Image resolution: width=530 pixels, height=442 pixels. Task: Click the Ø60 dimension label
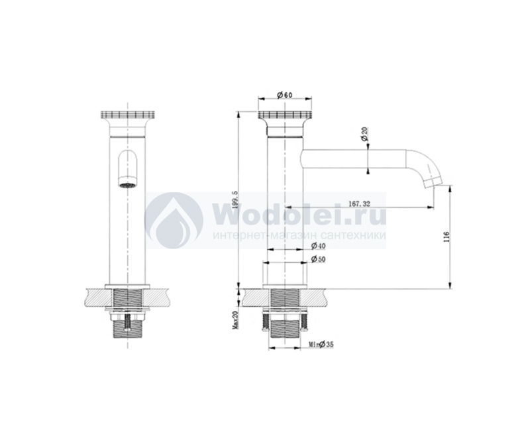click(x=284, y=95)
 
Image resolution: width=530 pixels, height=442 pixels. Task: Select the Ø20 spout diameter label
click(x=364, y=134)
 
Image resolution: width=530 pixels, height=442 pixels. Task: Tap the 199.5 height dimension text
click(x=236, y=199)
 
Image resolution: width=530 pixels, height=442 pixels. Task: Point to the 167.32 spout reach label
click(x=359, y=203)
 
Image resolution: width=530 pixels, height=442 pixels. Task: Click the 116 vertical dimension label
click(x=446, y=237)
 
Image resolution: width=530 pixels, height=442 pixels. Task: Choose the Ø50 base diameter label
click(x=318, y=259)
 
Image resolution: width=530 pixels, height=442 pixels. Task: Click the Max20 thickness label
click(x=235, y=321)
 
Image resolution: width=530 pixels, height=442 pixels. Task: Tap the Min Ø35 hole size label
click(x=321, y=345)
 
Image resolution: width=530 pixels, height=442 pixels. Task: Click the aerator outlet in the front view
click(x=127, y=185)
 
